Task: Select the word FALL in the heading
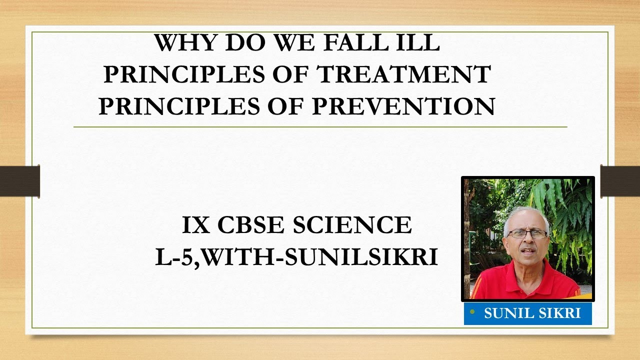[355, 43]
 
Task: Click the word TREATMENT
[404, 75]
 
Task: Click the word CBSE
[252, 225]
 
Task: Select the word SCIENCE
[352, 225]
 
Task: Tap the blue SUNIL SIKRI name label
[532, 314]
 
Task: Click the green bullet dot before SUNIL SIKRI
[472, 312]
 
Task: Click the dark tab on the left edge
[20, 181]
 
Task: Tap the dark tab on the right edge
[620, 181]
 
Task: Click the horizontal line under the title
[320, 127]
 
